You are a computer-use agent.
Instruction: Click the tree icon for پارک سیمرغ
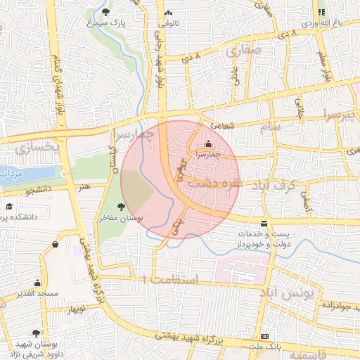(105, 12)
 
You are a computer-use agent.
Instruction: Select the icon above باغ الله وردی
(321, 12)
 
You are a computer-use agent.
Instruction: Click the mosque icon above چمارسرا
(207, 143)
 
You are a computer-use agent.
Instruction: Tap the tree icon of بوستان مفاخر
(122, 207)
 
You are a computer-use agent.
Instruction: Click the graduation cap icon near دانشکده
(10, 206)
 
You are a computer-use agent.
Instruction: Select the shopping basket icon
(55, 244)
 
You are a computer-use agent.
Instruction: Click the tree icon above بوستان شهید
(37, 333)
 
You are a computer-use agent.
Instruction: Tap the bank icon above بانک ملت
(264, 337)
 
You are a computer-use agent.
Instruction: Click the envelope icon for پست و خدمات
(264, 223)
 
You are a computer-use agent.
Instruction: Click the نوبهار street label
(73, 309)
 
